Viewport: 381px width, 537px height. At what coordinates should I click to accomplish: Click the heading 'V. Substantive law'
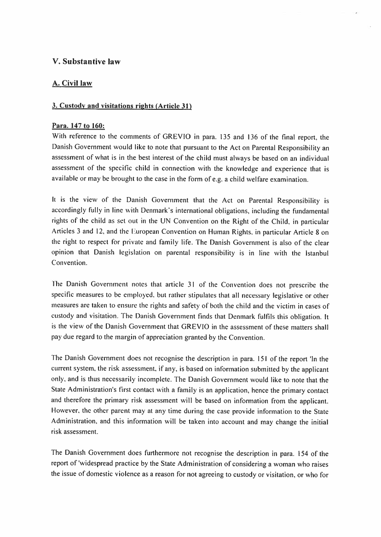tap(86, 62)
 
